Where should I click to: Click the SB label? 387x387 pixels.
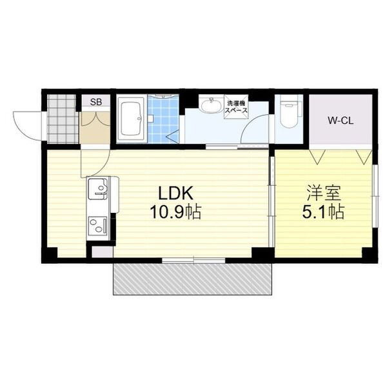96,102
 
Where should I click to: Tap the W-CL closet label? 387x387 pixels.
341,121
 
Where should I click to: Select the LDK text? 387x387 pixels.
175,193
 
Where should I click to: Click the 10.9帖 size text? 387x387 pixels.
175,212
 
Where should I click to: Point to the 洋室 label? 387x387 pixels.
324,193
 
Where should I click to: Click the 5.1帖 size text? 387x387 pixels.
323,212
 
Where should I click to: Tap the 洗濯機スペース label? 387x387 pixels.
235,106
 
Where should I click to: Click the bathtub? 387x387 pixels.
131,120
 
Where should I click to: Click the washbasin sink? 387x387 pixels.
212,106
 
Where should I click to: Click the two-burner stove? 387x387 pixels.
98,225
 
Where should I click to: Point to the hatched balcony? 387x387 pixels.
192,279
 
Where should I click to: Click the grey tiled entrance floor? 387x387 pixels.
61,119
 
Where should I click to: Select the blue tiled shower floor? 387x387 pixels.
163,119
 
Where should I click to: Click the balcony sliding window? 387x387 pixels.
193,261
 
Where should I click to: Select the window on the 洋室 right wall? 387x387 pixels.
375,196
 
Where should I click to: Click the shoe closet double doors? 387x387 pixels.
95,119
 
